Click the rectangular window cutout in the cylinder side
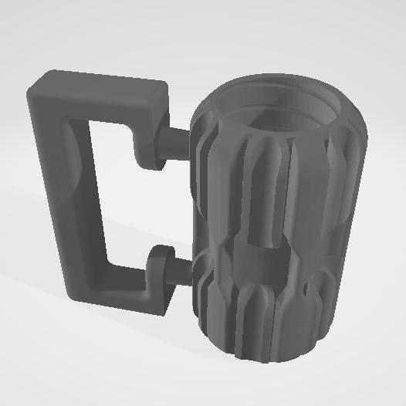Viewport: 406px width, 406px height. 262,262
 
